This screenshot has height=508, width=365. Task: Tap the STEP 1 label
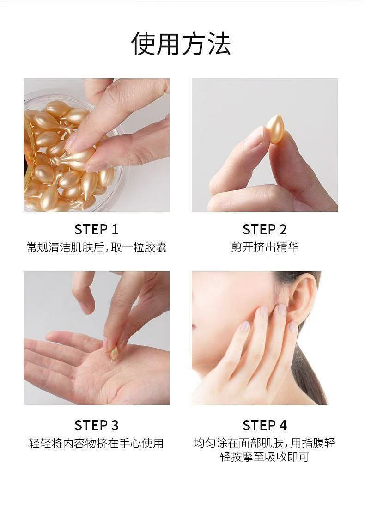[x=97, y=230]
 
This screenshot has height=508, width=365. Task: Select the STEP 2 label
[x=265, y=230]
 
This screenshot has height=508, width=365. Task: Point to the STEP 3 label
[x=97, y=425]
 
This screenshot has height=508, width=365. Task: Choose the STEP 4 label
[x=265, y=425]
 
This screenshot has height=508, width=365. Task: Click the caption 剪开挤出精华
[x=265, y=247]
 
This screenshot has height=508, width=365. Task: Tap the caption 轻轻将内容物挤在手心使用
[x=97, y=443]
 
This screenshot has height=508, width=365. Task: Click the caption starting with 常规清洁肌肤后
[x=97, y=247]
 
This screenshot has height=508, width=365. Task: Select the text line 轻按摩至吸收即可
[x=264, y=457]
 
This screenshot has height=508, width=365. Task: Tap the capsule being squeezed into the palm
[x=114, y=352]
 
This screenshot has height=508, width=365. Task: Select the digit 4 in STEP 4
[x=283, y=425]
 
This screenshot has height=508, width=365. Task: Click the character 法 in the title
[x=219, y=43]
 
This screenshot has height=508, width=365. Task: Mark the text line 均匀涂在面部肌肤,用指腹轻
[x=265, y=443]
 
